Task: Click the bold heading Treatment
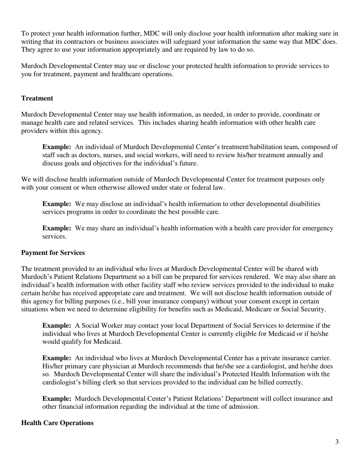click(x=37, y=99)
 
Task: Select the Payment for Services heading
click(x=53, y=253)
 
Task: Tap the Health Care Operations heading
click(x=57, y=423)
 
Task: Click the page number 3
click(x=337, y=442)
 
